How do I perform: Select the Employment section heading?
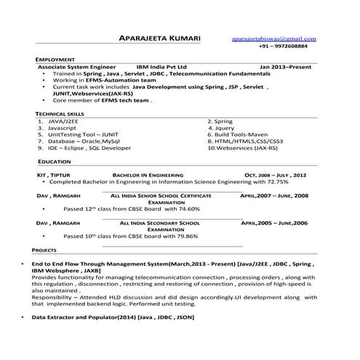[55, 59]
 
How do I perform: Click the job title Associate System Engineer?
[72, 66]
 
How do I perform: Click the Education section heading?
[55, 160]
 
